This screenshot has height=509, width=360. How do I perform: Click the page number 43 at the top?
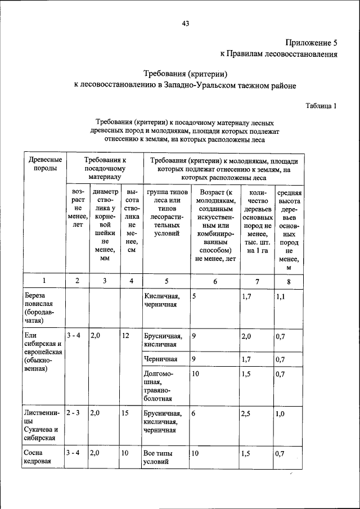(x=185, y=23)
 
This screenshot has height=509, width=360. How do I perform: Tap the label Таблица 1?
(x=321, y=105)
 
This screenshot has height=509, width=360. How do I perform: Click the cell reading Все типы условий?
(x=158, y=457)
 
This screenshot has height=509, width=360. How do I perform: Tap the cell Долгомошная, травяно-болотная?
(x=159, y=385)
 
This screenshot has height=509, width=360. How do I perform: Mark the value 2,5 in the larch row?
(x=246, y=413)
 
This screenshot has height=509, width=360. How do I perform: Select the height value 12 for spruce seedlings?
(x=126, y=336)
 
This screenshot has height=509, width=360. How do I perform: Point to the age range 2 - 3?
(x=73, y=413)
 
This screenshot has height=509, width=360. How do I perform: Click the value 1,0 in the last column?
(x=281, y=413)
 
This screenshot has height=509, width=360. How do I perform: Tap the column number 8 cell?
(x=289, y=281)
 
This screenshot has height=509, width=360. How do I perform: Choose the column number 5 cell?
(x=166, y=281)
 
